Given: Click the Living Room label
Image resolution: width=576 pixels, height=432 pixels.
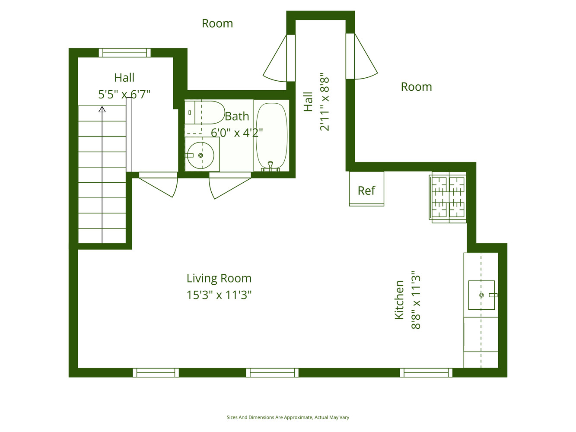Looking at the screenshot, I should click(219, 278).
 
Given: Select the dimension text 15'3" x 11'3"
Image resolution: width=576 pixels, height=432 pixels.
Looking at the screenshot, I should click(219, 295).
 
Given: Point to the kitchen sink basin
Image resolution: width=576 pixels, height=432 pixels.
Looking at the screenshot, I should click(481, 295).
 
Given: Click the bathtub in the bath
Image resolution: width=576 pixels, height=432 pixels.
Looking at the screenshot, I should click(271, 136).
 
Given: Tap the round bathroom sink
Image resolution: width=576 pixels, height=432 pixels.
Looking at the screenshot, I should click(200, 155).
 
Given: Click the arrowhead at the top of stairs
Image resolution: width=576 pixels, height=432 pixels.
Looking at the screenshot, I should click(102, 109).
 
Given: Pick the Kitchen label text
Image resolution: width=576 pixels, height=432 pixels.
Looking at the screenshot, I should click(399, 300).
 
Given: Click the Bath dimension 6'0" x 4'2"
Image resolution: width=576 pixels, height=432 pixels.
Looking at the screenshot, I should click(237, 133).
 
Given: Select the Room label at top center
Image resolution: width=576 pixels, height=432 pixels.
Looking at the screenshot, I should click(217, 23).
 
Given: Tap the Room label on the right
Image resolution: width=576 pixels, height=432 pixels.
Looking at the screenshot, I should click(416, 87).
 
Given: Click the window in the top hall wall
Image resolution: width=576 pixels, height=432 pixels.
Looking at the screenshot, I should click(124, 53).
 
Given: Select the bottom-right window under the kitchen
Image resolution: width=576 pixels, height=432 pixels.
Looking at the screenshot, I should click(426, 372).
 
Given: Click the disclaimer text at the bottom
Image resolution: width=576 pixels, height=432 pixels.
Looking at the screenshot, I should click(288, 417).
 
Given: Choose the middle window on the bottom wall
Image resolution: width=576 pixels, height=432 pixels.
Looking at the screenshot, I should click(272, 372).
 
